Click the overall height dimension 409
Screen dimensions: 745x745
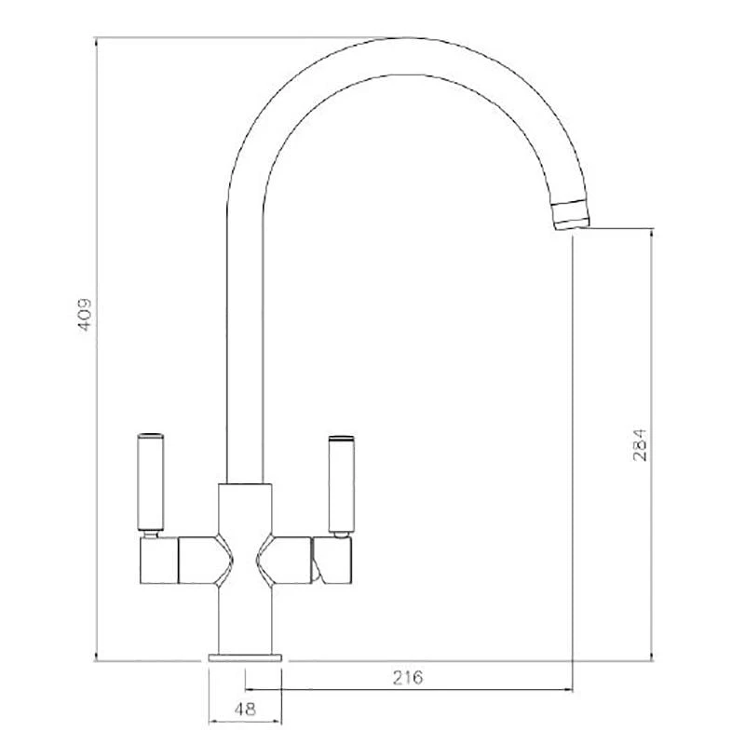85,317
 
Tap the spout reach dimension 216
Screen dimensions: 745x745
409,677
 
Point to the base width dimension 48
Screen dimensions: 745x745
245,708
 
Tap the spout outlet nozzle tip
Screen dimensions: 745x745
571,215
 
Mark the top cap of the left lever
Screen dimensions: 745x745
150,436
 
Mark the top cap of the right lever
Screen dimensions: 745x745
340,436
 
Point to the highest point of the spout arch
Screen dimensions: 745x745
396,38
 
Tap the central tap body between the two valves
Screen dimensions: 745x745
245,521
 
